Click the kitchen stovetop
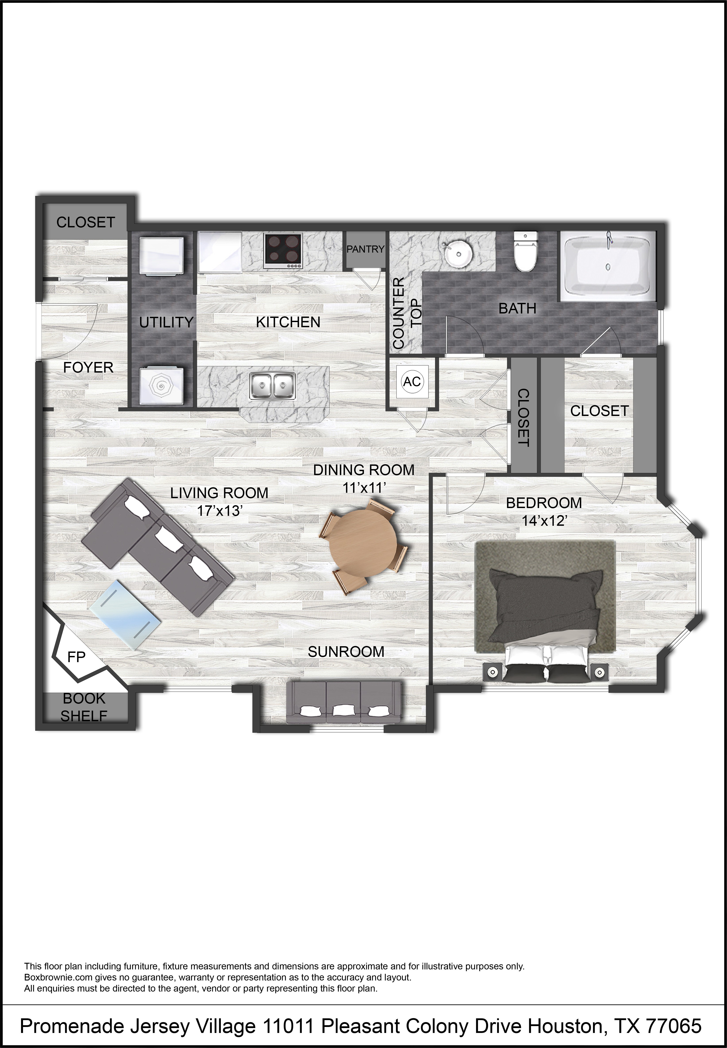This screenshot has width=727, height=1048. (x=283, y=250)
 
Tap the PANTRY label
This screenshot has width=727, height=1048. (x=365, y=249)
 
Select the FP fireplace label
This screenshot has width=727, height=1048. (x=76, y=657)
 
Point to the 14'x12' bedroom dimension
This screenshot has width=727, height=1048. (x=544, y=520)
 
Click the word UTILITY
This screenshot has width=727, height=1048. (x=166, y=322)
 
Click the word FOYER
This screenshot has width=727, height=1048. (x=88, y=367)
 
